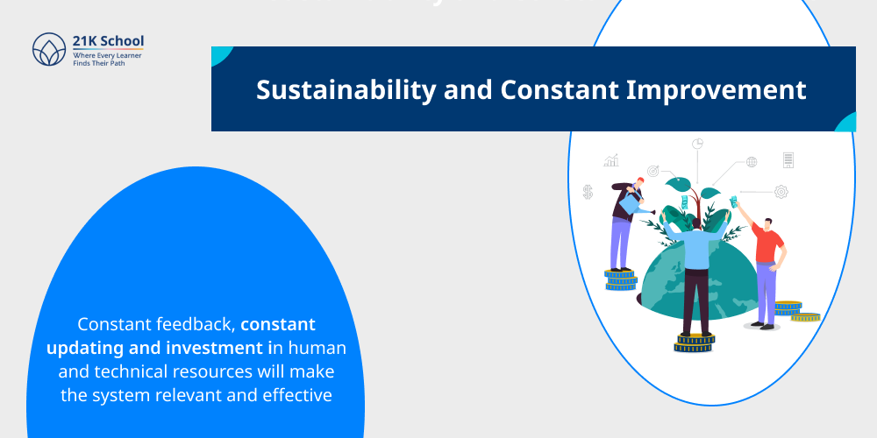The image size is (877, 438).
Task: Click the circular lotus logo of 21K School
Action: pyautogui.click(x=49, y=50)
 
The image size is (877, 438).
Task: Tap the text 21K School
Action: pyautogui.click(x=109, y=40)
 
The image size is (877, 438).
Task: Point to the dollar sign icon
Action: pyautogui.click(x=588, y=191)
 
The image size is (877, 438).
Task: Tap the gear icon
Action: pyautogui.click(x=781, y=191)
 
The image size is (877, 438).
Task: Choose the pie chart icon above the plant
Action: pyautogui.click(x=699, y=143)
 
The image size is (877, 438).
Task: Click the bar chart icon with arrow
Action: pyautogui.click(x=611, y=160)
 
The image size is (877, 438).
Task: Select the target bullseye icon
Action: pyautogui.click(x=652, y=170)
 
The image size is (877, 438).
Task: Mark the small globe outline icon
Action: pyautogui.click(x=752, y=161)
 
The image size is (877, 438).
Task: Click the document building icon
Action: pyautogui.click(x=788, y=159)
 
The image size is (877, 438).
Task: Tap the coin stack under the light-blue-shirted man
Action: pyautogui.click(x=694, y=342)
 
